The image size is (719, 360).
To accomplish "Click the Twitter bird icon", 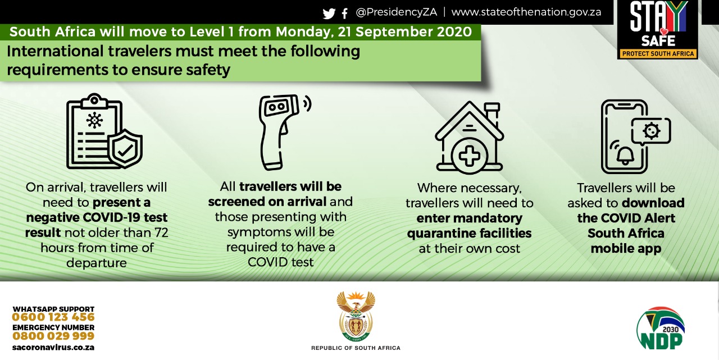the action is click(x=329, y=13).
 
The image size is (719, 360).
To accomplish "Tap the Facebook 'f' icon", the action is click(x=345, y=13).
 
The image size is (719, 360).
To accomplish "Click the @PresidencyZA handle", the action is click(x=397, y=12).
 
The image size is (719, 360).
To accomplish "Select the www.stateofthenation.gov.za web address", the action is click(x=526, y=12).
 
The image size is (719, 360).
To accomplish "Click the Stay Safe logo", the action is click(x=658, y=30).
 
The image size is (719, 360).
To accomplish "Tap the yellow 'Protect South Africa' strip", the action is click(x=658, y=53).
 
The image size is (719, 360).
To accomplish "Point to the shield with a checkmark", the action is click(x=125, y=149).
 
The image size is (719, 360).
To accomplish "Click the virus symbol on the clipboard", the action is click(x=94, y=120).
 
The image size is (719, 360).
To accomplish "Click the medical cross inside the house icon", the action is click(x=470, y=156).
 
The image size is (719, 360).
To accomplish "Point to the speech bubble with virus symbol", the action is click(x=651, y=131).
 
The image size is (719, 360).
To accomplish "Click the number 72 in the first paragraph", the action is click(x=161, y=233).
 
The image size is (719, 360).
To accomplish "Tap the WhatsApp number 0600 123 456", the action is click(x=53, y=317).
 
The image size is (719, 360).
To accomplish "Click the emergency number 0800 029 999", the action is click(x=53, y=336).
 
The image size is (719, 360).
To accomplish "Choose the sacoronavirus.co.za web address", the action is click(x=53, y=348).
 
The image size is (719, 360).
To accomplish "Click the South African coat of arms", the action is click(x=356, y=316).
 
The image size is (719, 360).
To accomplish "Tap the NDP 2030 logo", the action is click(x=661, y=329).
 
